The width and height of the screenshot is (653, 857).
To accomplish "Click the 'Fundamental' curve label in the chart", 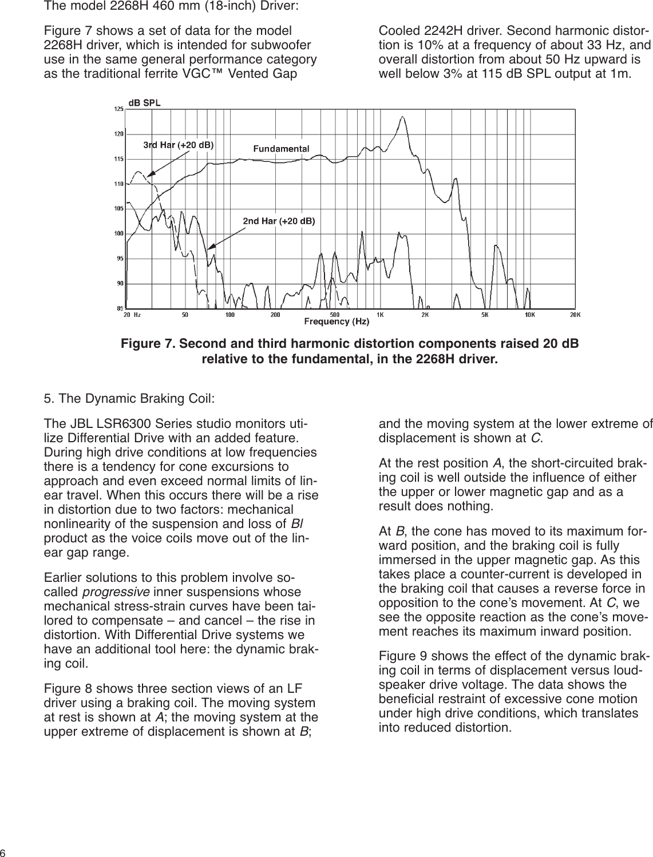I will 281,148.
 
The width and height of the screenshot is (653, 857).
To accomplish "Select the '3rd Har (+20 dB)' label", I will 178,145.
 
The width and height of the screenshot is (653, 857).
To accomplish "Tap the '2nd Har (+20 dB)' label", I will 279,220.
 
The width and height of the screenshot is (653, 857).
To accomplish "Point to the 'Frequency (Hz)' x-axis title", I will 337,322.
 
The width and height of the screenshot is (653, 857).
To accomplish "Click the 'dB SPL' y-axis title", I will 144,103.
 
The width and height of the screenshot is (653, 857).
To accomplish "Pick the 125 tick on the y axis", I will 118,109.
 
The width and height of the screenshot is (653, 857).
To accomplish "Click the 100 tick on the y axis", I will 118,233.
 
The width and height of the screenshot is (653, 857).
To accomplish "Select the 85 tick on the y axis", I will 119,308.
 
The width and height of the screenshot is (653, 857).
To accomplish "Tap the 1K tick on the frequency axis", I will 380,314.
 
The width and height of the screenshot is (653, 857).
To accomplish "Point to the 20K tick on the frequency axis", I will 575,314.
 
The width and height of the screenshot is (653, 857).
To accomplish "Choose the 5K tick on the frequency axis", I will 485,314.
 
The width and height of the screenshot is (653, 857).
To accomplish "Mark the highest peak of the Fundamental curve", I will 403,117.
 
